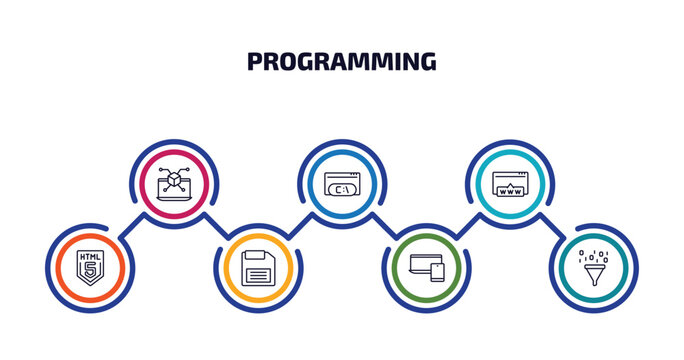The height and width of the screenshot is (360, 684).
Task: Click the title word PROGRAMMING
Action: pos(341,62)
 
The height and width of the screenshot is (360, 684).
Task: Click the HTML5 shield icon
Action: pos(89,267)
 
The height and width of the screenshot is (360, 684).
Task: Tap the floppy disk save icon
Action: pos(258,267)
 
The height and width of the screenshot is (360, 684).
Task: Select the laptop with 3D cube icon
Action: pos(174,183)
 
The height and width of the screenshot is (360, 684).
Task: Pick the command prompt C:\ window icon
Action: pos(342,183)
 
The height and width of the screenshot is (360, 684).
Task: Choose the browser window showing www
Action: pos(510,183)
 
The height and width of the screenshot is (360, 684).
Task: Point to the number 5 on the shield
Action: pos(89,271)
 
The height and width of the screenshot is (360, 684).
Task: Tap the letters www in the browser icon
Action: pos(510,188)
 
